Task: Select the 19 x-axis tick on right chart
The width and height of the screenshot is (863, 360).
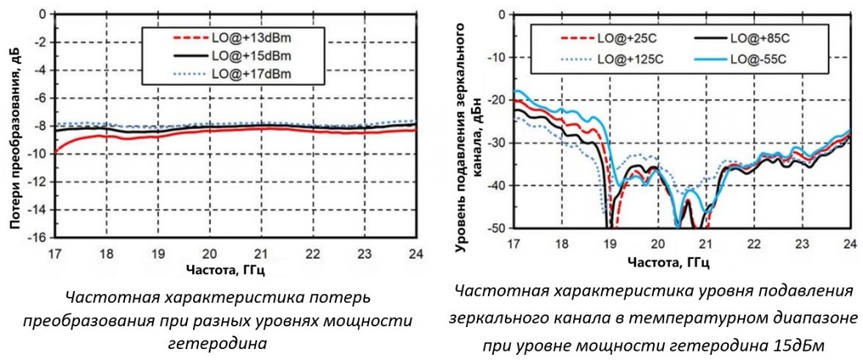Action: click(609, 244)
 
